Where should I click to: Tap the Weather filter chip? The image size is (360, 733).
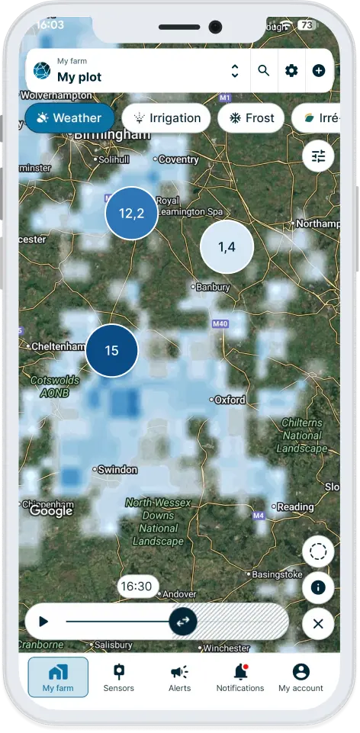click(69, 118)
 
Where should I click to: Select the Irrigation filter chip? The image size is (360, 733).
click(167, 118)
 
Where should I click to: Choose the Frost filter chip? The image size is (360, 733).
click(251, 118)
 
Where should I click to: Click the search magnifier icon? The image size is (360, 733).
click(264, 71)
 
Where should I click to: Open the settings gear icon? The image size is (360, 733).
click(291, 71)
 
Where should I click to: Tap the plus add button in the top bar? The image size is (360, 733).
click(319, 71)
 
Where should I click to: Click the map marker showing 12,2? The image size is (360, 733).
click(131, 214)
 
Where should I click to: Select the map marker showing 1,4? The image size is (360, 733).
click(227, 246)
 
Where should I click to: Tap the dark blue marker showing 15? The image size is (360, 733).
click(111, 351)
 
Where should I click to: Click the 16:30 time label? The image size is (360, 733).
click(137, 587)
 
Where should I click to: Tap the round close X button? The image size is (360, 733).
click(318, 624)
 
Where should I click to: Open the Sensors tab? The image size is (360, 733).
click(118, 677)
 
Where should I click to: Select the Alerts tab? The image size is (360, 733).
click(179, 677)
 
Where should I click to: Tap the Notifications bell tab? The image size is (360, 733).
click(240, 677)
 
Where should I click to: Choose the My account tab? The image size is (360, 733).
click(301, 677)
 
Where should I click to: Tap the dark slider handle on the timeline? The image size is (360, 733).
click(183, 622)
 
